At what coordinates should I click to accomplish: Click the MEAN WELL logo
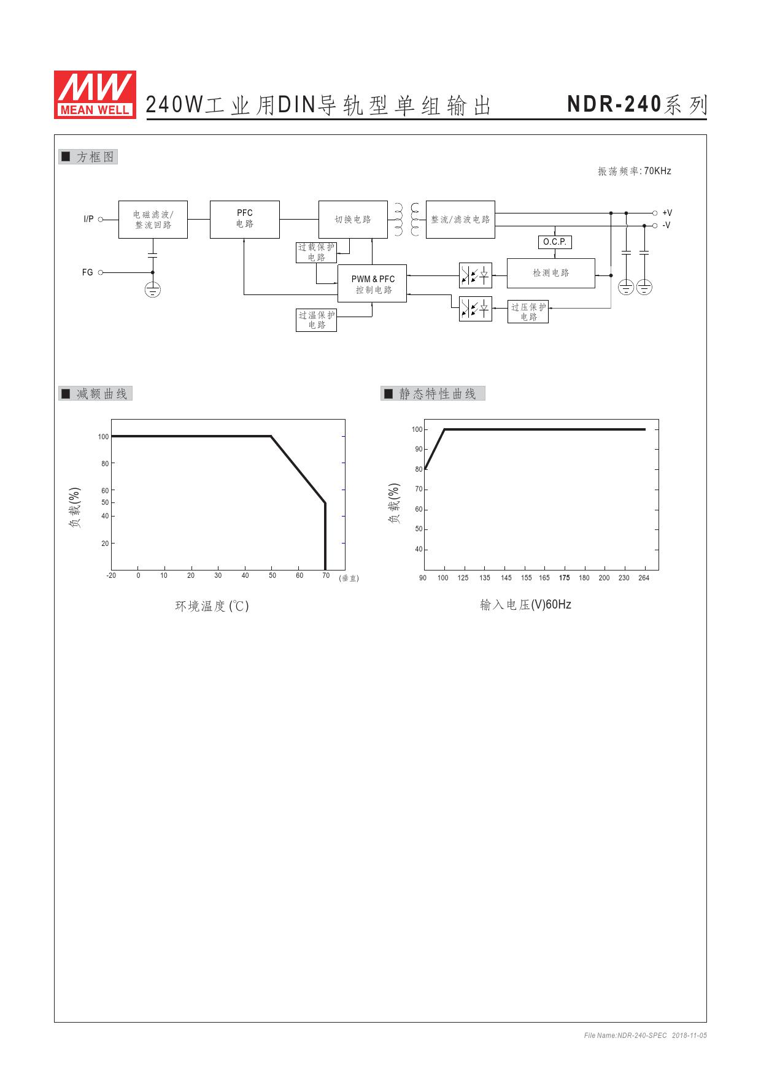coord(95,94)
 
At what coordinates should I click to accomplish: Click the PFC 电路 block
coord(245,219)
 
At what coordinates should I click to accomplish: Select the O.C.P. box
coord(555,242)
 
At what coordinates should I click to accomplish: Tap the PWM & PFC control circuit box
coord(373,284)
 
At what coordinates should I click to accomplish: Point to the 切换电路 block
coord(353,219)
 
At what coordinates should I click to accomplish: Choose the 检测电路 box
coord(551,273)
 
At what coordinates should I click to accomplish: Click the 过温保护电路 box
coord(317,320)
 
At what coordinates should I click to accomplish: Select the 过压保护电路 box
coord(528,312)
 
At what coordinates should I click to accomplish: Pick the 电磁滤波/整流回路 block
coord(153,219)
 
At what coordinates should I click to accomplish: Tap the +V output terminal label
coord(667,213)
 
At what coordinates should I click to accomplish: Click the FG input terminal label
coord(88,272)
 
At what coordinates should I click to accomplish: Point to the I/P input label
coord(88,219)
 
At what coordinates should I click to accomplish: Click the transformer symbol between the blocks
coord(407,220)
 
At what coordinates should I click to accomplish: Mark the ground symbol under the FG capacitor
coord(153,290)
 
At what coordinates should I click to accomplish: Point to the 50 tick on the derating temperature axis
coord(272,575)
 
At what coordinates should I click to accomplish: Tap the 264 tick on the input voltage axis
coord(644,578)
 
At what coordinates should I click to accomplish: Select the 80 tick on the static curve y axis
coord(419,469)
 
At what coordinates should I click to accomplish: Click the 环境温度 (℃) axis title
coord(212,606)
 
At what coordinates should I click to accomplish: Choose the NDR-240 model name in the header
coord(614,104)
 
